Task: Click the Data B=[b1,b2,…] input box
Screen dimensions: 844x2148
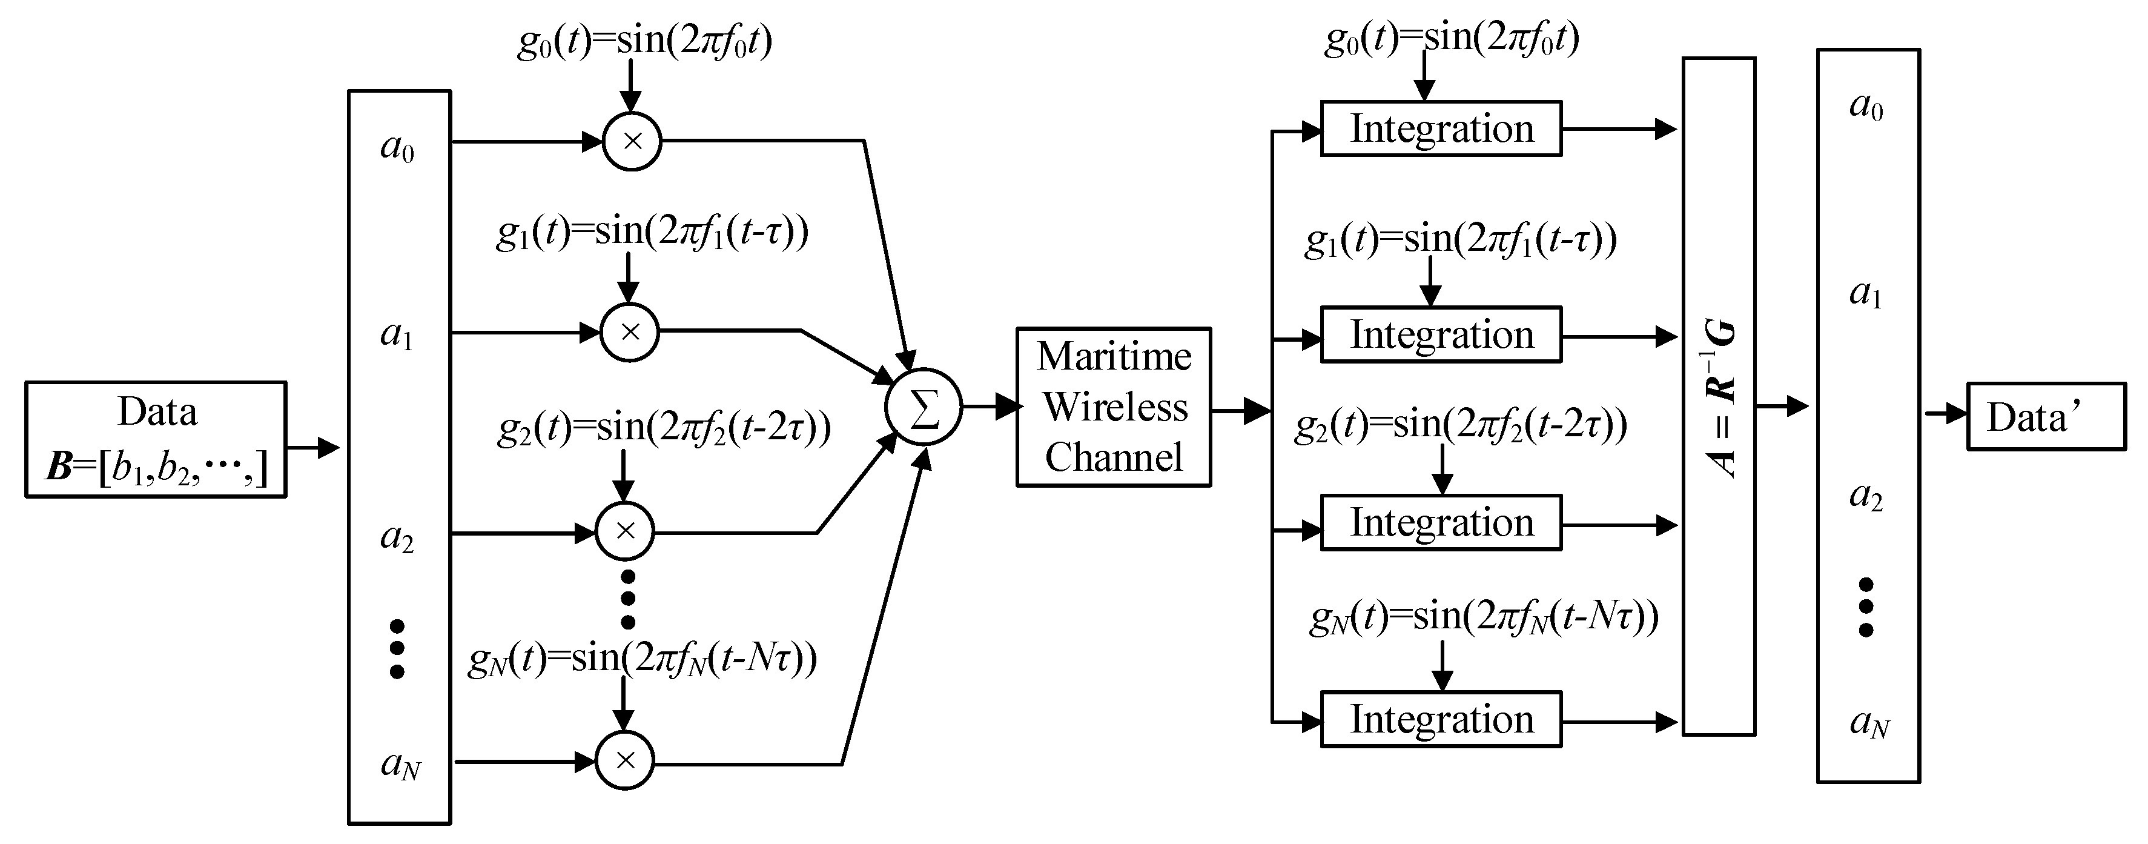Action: coord(156,439)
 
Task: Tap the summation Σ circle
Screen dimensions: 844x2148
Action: coord(923,407)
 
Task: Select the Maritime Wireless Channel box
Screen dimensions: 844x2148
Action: coord(1113,407)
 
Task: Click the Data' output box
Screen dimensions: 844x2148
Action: coord(2046,416)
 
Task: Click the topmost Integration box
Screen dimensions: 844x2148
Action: coord(1441,128)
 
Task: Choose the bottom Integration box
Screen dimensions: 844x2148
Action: coord(1441,719)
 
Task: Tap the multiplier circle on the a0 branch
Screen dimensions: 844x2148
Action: coord(632,141)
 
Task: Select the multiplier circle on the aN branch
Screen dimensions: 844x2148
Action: coord(624,760)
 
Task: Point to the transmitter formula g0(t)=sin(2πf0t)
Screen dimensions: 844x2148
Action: coord(644,40)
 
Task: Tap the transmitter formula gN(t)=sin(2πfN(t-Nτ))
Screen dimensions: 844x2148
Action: coord(642,659)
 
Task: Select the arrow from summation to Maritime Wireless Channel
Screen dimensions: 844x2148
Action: coord(993,407)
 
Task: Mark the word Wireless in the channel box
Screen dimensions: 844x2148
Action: coord(1115,407)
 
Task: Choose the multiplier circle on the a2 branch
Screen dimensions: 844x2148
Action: coord(624,531)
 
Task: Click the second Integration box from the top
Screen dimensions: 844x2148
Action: coord(1441,334)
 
